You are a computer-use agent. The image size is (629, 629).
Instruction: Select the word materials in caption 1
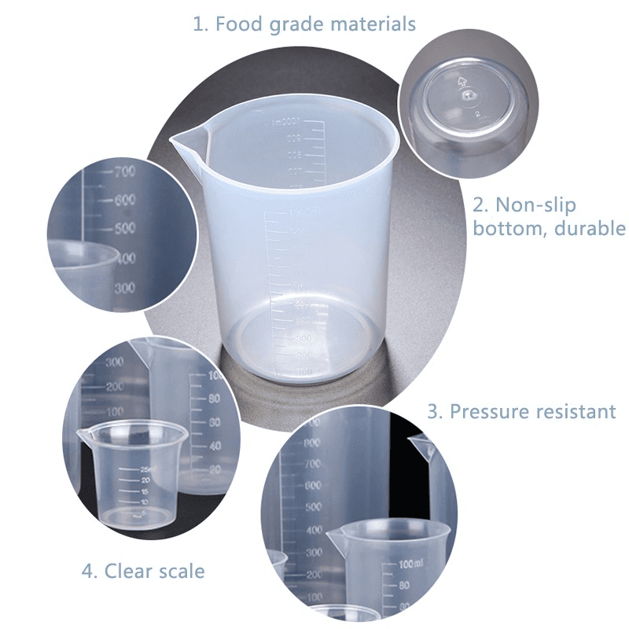372,24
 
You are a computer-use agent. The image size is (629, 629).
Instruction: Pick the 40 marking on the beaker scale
214,445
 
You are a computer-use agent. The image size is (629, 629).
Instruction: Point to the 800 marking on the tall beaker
312,443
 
